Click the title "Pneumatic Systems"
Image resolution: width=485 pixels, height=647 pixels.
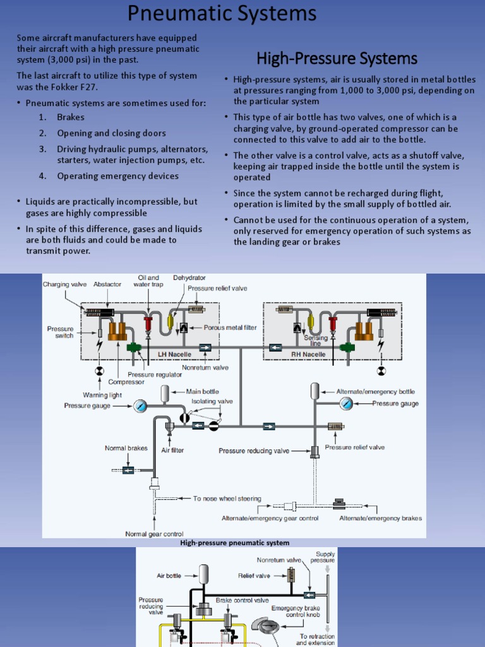(222, 14)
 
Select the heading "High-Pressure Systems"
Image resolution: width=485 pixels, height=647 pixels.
(337, 59)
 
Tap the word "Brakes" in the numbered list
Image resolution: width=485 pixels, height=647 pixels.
(70, 117)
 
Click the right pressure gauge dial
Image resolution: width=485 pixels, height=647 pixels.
(345, 404)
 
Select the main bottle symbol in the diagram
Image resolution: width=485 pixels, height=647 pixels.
(165, 394)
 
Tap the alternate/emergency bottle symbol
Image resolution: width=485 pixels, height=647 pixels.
(315, 390)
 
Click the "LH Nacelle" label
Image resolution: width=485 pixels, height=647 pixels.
(176, 354)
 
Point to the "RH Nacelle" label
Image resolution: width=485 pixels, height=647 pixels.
(308, 354)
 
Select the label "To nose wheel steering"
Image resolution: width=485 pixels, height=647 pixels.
(227, 499)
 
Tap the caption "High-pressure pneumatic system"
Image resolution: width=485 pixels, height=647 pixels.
(235, 543)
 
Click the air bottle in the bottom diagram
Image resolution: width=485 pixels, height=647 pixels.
(203, 574)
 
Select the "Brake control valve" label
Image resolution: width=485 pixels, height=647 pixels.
(242, 600)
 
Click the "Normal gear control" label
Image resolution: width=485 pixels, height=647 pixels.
(154, 534)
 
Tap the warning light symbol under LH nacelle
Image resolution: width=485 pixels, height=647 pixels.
(99, 371)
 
